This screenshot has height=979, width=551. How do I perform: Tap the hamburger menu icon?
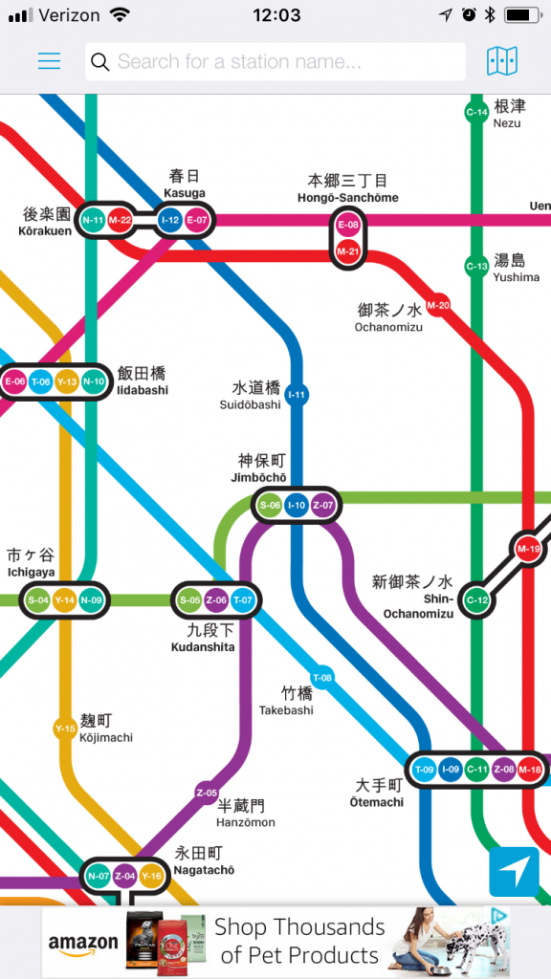point(49,62)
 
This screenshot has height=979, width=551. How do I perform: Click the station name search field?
point(275,62)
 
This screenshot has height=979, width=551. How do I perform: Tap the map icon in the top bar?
point(501,62)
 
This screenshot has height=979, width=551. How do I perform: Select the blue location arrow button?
point(514,871)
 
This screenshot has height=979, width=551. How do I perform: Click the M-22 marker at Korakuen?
point(120,221)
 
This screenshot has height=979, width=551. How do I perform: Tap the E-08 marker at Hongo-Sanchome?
point(348,226)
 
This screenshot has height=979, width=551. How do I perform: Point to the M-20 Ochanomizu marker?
point(438,305)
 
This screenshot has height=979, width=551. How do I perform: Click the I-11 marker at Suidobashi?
point(298,394)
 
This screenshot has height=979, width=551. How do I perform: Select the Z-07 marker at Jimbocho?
point(322,505)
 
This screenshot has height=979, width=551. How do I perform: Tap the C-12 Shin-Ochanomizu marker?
point(476,600)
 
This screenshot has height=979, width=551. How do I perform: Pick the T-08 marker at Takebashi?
point(323,678)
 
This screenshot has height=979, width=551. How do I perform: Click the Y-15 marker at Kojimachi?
point(64,729)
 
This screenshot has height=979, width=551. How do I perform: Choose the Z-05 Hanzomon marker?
point(207,793)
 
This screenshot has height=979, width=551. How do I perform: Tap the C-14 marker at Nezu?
point(476,113)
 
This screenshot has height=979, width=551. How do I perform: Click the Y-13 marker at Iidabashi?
point(67,382)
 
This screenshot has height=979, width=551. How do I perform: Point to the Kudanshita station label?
point(202,639)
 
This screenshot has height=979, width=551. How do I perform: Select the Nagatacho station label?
point(203,860)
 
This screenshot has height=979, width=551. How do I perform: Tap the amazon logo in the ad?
point(83,945)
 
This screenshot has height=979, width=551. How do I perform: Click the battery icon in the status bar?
point(522,15)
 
